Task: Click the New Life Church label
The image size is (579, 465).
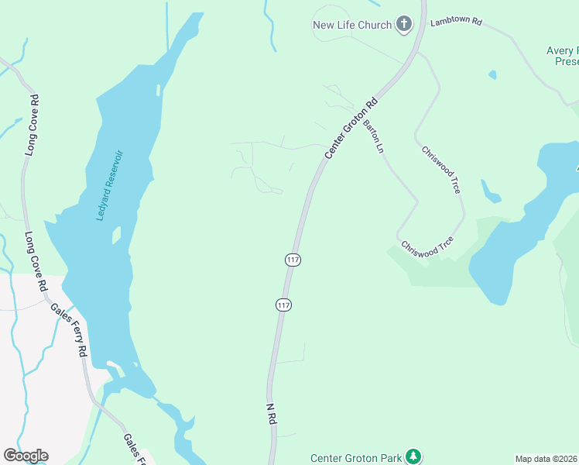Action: [351, 25]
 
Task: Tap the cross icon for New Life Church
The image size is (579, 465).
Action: [403, 24]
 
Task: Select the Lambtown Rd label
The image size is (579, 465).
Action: [456, 21]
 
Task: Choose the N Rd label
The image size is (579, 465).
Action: [271, 414]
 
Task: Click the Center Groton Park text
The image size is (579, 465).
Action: [356, 458]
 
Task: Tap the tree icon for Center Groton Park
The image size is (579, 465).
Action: [414, 456]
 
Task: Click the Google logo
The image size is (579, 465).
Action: [26, 456]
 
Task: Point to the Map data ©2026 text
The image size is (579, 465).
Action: [546, 459]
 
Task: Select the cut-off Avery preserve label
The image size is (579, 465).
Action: [562, 56]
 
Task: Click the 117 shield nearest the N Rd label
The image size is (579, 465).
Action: [283, 305]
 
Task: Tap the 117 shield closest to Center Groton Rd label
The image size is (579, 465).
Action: [292, 260]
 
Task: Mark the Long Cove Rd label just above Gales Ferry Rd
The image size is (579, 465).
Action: [36, 260]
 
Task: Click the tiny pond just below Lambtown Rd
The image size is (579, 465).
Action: [492, 75]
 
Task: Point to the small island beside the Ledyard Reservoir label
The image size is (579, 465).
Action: [116, 234]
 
